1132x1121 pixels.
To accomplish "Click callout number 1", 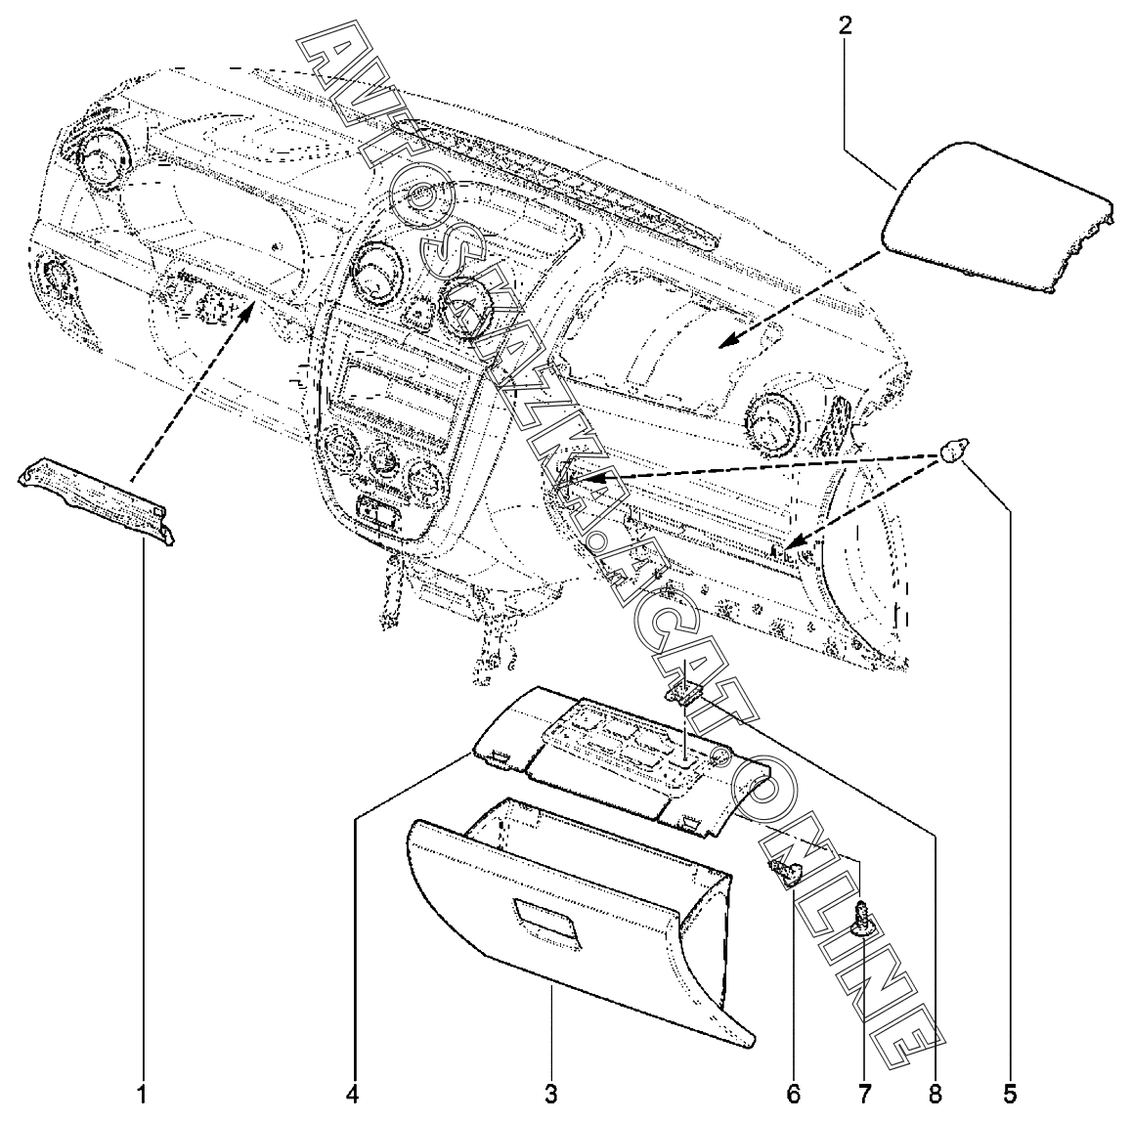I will click(144, 1091).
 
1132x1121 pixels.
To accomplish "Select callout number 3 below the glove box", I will click(552, 1091).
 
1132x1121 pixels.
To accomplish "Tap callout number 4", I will click(353, 1091).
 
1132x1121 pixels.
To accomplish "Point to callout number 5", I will click(1011, 1091).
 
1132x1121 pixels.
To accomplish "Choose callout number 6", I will click(793, 1091).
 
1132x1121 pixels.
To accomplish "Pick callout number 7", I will click(864, 1091).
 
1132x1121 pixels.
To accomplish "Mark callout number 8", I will click(936, 1091).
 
